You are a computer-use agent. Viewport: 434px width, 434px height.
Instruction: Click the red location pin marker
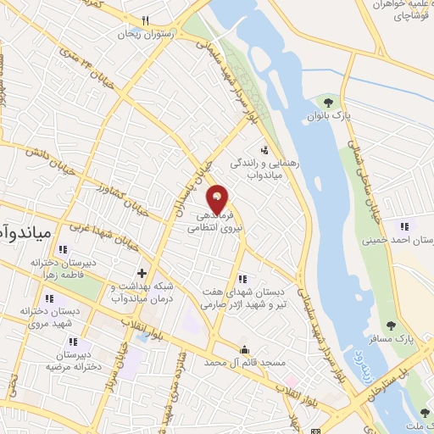tap(218, 198)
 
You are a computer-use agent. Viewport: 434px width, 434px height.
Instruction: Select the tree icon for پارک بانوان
tap(328, 103)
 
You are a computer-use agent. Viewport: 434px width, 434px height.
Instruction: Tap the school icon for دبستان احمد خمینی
tap(404, 226)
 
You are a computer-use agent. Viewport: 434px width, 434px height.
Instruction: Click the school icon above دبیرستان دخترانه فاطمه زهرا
tap(62, 249)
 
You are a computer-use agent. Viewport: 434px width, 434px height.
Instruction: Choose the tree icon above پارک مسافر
tap(391, 325)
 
